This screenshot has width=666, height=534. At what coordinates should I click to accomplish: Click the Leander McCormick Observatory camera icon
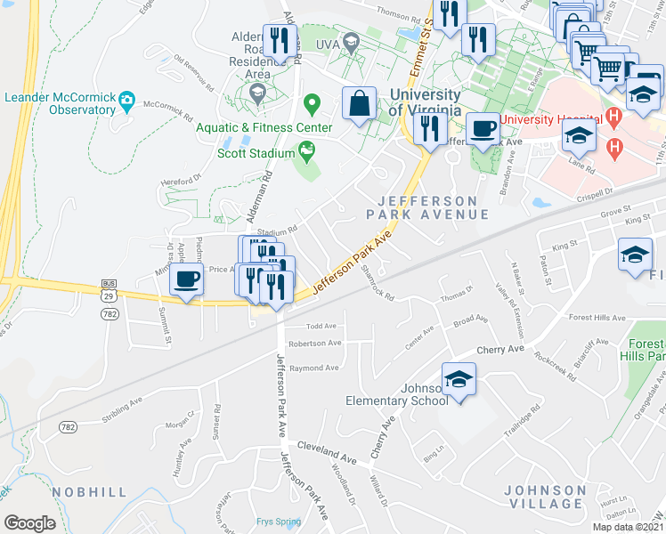126,98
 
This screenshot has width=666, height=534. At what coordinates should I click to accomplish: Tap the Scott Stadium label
256,153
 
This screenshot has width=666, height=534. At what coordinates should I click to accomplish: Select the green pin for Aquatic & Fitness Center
312,106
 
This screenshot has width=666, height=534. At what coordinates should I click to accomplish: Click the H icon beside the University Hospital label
613,116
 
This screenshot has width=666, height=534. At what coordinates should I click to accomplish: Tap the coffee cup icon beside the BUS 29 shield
187,279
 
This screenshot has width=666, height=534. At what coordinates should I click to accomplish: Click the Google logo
28,523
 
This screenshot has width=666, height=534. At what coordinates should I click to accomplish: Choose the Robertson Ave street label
314,343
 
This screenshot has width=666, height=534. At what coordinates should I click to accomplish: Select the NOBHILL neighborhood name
88,491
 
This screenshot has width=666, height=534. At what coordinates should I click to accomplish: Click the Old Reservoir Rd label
193,75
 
